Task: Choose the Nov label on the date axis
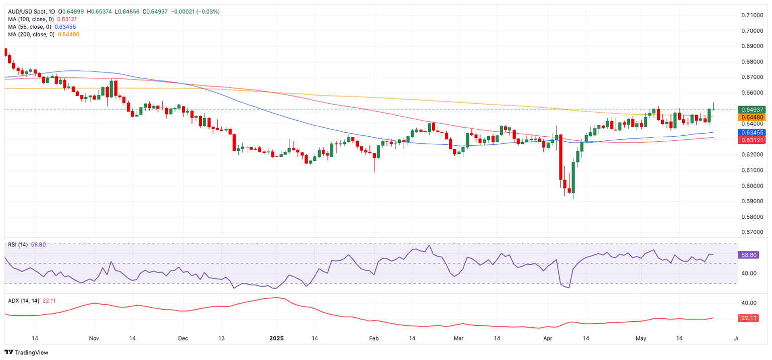(x=94, y=338)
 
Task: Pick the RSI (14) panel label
(x=18, y=245)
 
